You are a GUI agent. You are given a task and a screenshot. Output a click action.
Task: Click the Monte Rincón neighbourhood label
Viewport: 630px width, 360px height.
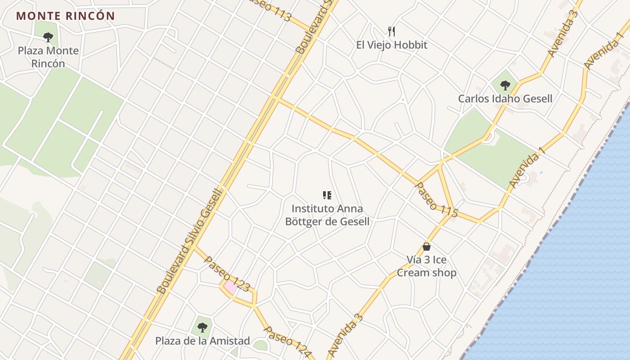click(x=66, y=16)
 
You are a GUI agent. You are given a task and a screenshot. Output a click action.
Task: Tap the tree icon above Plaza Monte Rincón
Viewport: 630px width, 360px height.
click(x=48, y=37)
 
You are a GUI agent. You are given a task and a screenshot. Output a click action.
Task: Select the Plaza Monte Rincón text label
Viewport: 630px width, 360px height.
click(x=48, y=57)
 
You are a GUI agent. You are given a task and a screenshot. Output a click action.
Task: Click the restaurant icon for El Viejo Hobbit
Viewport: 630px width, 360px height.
click(x=391, y=31)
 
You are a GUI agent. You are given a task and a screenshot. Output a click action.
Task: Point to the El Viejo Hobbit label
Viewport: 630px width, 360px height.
click(x=391, y=45)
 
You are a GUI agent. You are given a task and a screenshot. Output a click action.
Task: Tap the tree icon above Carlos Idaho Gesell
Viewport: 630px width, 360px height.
click(x=505, y=85)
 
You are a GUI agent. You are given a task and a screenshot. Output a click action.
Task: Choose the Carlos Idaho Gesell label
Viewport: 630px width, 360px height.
click(x=505, y=99)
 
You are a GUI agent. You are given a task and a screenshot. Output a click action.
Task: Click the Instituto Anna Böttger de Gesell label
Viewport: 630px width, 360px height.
click(x=327, y=215)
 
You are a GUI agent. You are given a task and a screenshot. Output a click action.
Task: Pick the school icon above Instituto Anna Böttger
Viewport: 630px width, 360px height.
click(x=327, y=195)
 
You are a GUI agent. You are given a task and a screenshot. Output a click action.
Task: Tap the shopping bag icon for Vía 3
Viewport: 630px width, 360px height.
click(x=427, y=247)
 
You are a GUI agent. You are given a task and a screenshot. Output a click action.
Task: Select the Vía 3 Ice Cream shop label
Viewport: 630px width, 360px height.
click(x=427, y=266)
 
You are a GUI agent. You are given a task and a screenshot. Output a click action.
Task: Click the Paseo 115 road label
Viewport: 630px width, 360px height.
click(x=436, y=199)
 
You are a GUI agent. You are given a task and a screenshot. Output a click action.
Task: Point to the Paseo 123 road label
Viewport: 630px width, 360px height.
click(x=227, y=274)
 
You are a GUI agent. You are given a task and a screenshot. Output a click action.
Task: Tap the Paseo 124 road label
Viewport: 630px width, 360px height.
click(x=287, y=342)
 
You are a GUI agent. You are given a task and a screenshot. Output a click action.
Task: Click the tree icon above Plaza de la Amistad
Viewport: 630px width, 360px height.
click(x=202, y=327)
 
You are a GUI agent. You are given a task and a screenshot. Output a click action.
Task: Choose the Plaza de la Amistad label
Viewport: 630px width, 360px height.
click(x=202, y=341)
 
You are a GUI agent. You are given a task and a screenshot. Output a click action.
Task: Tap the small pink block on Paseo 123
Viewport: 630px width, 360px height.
click(x=230, y=287)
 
